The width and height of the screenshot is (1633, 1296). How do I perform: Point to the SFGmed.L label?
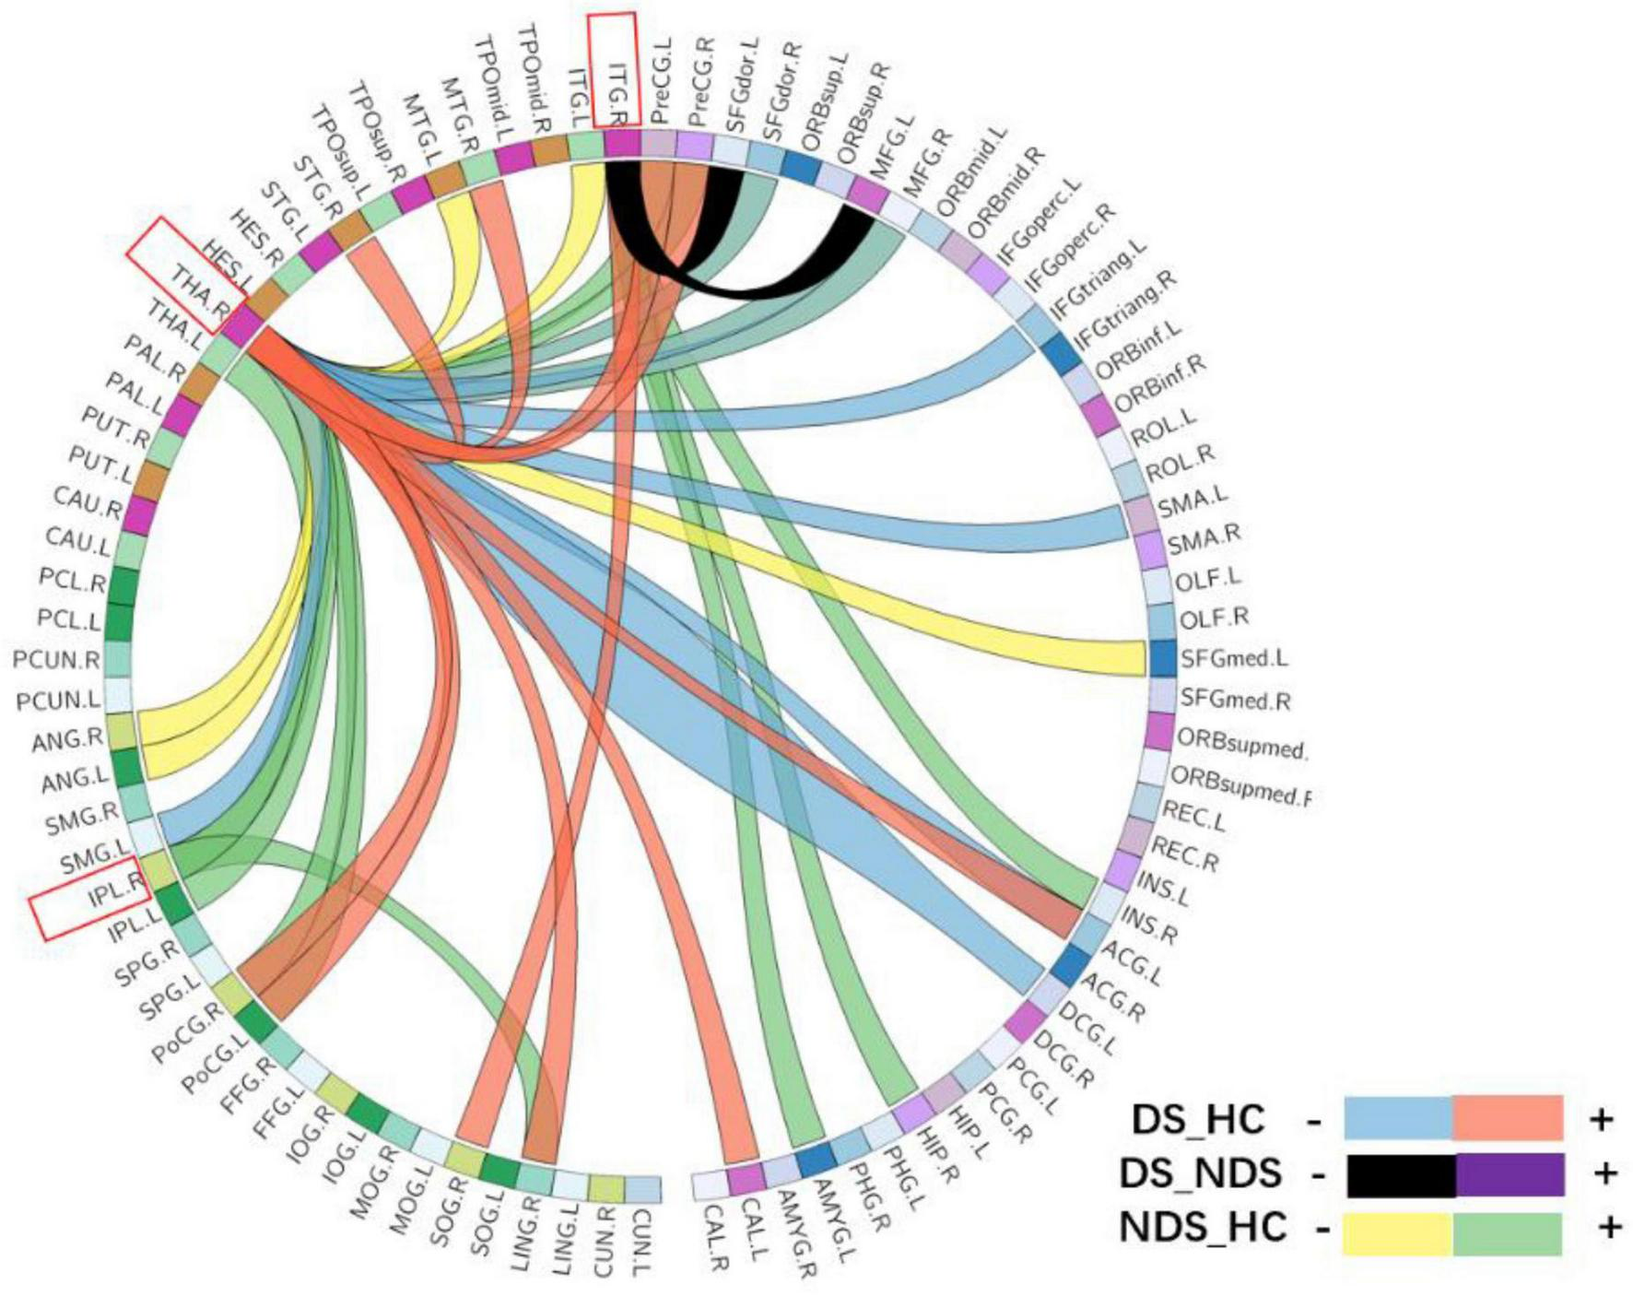pos(1234,659)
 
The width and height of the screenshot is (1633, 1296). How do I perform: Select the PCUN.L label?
pos(58,701)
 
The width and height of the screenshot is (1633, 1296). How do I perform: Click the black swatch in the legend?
pos(1401,1175)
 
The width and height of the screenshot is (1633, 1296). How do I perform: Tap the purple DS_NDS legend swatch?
pos(1510,1175)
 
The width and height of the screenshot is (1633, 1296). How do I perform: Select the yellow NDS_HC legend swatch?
pos(1397,1233)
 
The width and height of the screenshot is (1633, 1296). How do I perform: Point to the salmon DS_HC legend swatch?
pos(1508,1118)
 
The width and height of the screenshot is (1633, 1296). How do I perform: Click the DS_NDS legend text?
pos(1201,1173)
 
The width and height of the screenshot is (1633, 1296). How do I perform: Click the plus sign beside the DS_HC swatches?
pos(1602,1119)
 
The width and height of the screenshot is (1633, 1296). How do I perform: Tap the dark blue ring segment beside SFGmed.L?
pos(1163,659)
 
